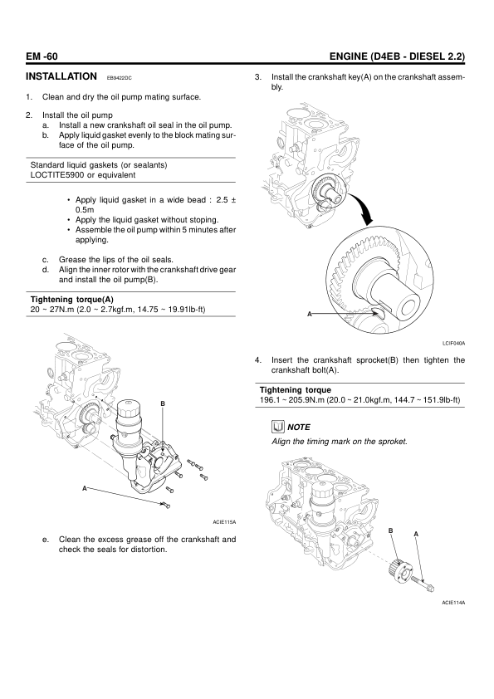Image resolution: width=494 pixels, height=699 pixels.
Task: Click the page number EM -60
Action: [42, 56]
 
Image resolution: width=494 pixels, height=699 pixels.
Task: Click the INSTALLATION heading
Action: [61, 76]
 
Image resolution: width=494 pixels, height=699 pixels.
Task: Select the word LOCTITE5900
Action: [57, 175]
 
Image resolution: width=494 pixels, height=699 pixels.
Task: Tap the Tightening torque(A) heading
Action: [71, 300]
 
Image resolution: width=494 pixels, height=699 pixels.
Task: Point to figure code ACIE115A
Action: [224, 521]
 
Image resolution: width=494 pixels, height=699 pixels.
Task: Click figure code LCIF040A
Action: [454, 343]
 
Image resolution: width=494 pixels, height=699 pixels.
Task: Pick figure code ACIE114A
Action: [453, 603]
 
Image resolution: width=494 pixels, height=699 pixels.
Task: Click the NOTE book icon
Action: [278, 427]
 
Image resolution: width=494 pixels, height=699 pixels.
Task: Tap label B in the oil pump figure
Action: [163, 404]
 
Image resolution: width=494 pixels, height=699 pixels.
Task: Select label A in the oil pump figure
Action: [84, 489]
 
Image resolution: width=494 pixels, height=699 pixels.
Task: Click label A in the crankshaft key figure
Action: [310, 314]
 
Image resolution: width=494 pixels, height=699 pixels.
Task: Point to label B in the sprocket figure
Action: [390, 530]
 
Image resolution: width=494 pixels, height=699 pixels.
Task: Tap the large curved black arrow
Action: [364, 209]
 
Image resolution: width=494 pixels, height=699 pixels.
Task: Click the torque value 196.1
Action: [270, 400]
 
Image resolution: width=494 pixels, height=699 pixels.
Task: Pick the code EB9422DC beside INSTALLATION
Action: [119, 79]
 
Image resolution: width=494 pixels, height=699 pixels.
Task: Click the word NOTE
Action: [299, 427]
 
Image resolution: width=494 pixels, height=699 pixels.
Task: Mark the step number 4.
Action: [257, 360]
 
